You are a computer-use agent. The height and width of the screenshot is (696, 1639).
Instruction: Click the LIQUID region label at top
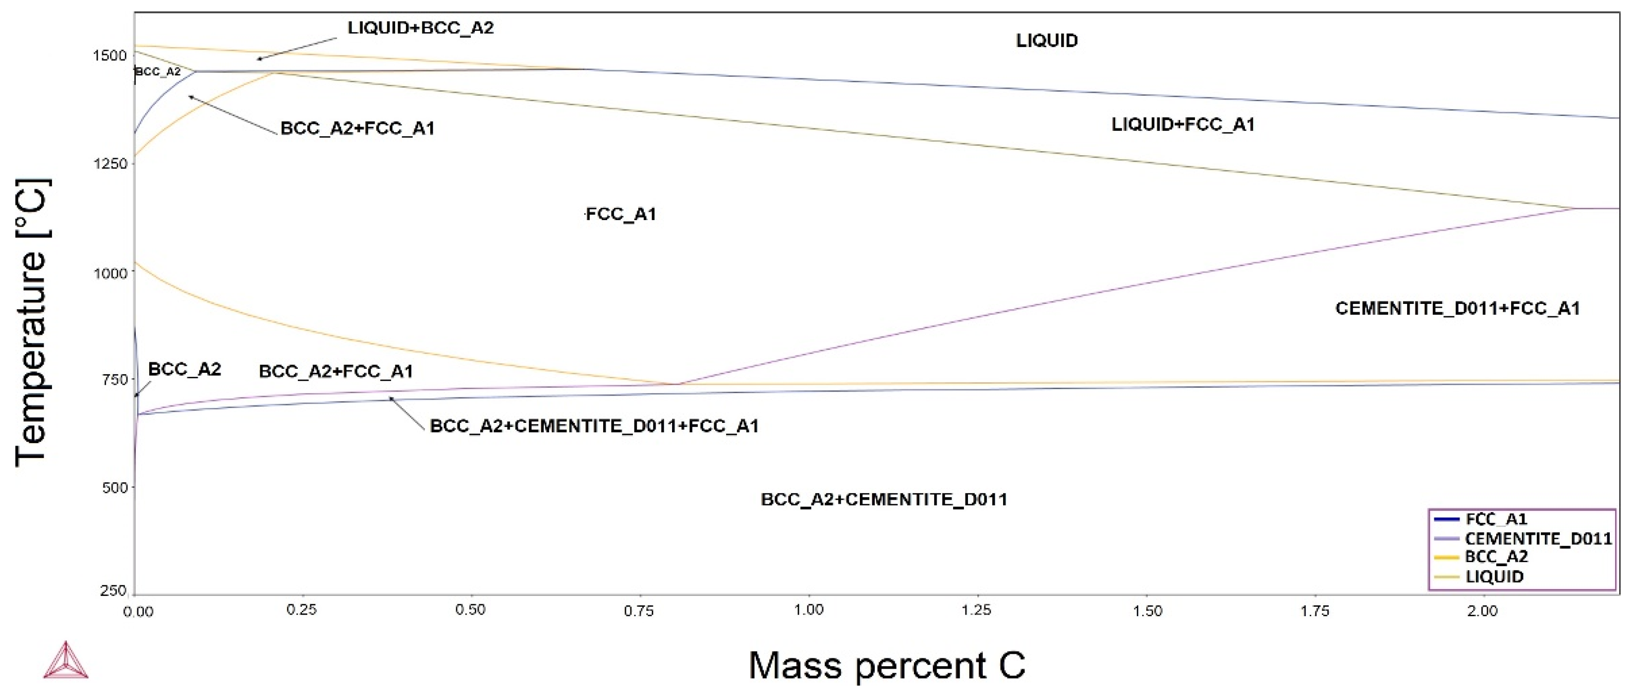click(1046, 41)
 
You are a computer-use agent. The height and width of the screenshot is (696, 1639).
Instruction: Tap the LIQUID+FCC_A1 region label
click(1182, 125)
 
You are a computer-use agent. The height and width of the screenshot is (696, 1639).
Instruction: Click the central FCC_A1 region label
click(621, 214)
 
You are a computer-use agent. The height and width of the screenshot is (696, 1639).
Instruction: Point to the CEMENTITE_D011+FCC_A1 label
click(1457, 308)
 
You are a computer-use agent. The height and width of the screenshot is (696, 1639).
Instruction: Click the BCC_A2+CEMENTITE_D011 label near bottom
click(884, 499)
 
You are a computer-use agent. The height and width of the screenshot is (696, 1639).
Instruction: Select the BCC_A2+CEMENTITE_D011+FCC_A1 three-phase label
click(594, 426)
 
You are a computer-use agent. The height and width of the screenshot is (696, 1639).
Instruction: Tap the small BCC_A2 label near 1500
click(159, 72)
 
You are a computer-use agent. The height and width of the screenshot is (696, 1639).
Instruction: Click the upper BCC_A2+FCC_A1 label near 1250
click(357, 128)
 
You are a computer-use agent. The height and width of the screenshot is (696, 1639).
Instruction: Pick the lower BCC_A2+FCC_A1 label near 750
click(336, 371)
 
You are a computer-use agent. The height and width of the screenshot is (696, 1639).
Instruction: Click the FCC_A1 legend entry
click(1495, 519)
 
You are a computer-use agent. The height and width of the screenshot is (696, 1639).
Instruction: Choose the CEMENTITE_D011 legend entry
click(1537, 539)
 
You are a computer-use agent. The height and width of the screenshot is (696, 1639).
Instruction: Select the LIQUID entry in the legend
click(1494, 577)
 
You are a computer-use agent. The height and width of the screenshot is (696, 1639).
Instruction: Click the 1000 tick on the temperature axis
click(111, 274)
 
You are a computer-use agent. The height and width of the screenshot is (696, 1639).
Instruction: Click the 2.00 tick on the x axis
click(1482, 611)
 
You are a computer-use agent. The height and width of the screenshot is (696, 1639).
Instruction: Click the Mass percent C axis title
click(886, 665)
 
